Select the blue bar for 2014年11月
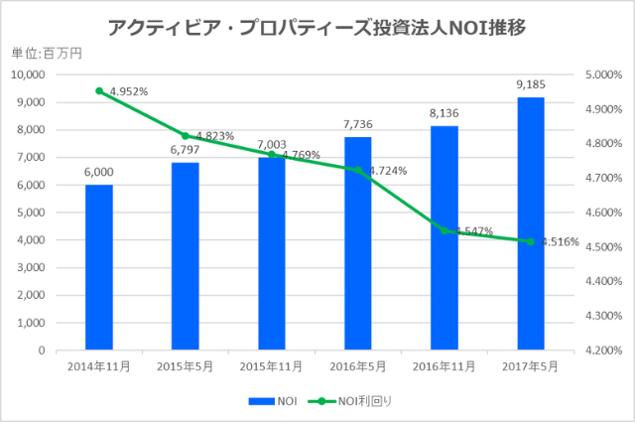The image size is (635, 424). pyautogui.click(x=99, y=267)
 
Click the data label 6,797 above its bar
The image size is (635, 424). pyautogui.click(x=185, y=150)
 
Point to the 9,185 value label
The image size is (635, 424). pyautogui.click(x=531, y=84)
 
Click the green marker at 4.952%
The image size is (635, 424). pyautogui.click(x=99, y=90)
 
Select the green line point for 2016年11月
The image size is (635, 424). pyautogui.click(x=444, y=230)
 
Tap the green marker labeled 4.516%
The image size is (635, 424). pyautogui.click(x=531, y=241)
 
